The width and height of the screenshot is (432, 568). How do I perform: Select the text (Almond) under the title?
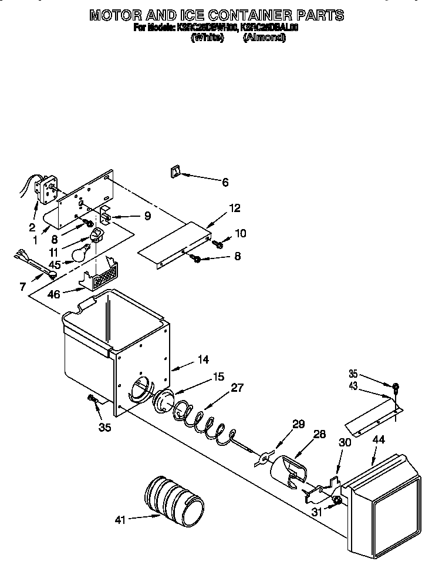(264, 37)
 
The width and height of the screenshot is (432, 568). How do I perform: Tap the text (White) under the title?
(207, 37)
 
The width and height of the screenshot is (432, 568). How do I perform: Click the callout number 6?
(225, 182)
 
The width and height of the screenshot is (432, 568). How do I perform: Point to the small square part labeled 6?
(174, 172)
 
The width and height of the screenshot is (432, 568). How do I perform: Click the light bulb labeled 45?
(80, 253)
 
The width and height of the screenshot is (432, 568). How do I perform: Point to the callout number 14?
(203, 359)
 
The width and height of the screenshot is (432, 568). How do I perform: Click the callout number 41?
(120, 519)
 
